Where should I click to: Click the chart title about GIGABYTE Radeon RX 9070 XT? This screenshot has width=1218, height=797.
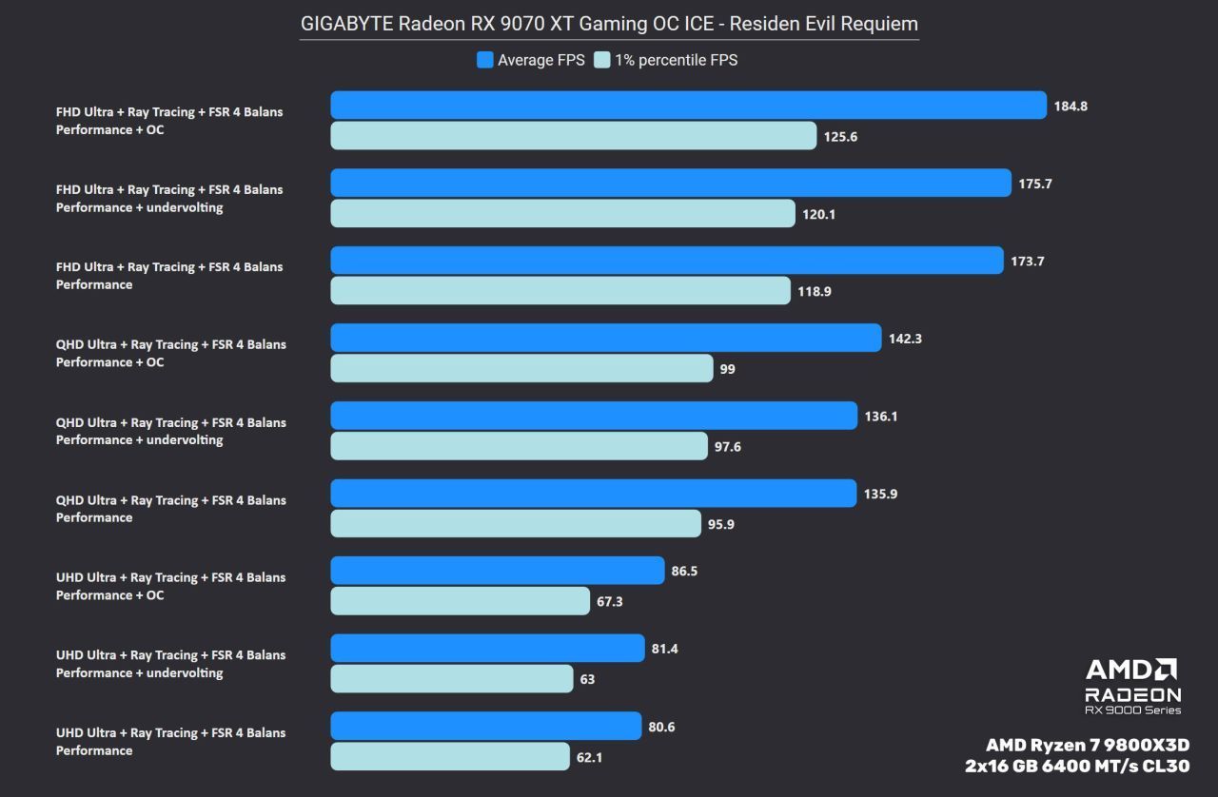pyautogui.click(x=609, y=23)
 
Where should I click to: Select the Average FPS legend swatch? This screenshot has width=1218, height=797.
pyautogui.click(x=485, y=60)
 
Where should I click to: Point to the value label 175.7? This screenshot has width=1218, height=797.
pyautogui.click(x=1035, y=184)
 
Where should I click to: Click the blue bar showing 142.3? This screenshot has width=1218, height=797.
pyautogui.click(x=606, y=338)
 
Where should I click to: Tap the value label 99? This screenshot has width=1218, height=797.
pyautogui.click(x=728, y=369)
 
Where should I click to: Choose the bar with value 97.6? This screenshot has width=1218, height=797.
pyautogui.click(x=519, y=446)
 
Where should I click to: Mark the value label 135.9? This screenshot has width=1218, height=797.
pyautogui.click(x=880, y=494)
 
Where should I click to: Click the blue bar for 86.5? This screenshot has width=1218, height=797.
pyautogui.click(x=497, y=571)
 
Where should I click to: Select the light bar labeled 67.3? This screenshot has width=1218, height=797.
pyautogui.click(x=460, y=601)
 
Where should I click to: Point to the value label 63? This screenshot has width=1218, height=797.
pyautogui.click(x=587, y=679)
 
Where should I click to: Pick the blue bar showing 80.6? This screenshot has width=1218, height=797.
pyautogui.click(x=485, y=726)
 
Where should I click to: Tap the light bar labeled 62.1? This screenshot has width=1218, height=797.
pyautogui.click(x=450, y=756)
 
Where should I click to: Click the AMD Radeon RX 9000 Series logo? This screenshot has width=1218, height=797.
pyautogui.click(x=1132, y=686)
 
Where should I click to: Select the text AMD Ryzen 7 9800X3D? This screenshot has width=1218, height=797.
pyautogui.click(x=1088, y=745)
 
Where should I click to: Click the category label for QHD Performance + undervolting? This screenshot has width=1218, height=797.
pyautogui.click(x=170, y=431)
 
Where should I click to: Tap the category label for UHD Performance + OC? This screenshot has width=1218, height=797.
pyautogui.click(x=170, y=586)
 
